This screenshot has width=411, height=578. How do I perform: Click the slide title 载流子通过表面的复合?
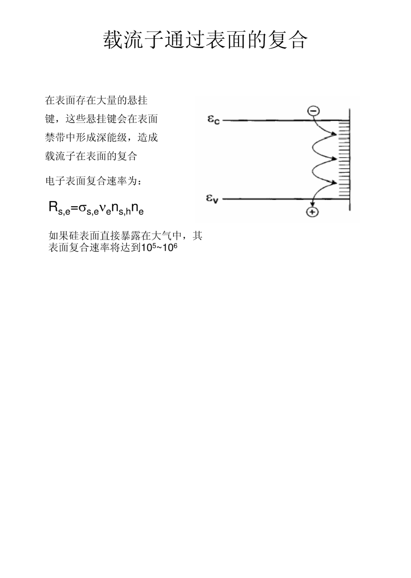click(x=205, y=40)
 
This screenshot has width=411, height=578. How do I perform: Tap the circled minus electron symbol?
click(x=313, y=111)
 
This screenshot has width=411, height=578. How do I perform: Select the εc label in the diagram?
click(x=213, y=120)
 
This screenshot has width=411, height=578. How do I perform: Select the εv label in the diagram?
click(x=212, y=199)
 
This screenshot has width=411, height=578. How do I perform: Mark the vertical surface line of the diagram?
click(x=349, y=160)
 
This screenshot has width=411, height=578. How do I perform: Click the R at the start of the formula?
click(x=53, y=206)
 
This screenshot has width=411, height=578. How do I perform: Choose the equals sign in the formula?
click(x=74, y=207)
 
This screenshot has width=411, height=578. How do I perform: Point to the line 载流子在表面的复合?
click(x=91, y=156)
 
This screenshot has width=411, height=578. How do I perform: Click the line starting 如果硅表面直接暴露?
click(x=125, y=235)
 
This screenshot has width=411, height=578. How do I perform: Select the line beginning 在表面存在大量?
click(x=96, y=100)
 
